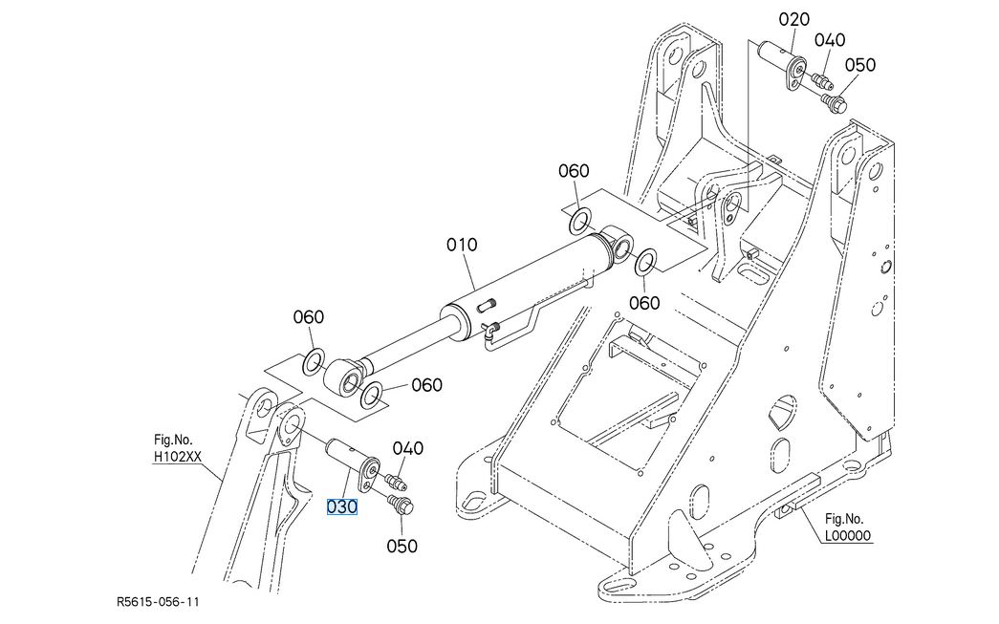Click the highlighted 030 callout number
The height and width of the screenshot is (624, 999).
341,506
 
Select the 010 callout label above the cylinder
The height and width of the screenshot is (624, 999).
462,245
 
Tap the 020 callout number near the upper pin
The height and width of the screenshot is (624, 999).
793,20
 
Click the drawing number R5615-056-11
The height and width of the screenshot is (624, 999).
158,601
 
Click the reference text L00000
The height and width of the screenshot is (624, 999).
847,535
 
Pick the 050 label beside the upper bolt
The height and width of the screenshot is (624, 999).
860,65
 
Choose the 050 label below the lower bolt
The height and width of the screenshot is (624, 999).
402,546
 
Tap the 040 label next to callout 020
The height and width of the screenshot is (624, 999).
830,40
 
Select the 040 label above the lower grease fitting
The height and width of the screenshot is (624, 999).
408,448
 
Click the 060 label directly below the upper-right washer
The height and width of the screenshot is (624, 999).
644,303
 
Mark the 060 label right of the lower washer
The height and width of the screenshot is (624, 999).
426,385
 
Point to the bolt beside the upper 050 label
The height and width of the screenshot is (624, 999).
833,102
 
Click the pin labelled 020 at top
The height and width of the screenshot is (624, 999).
782,64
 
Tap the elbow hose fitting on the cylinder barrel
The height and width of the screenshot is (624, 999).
490,328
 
